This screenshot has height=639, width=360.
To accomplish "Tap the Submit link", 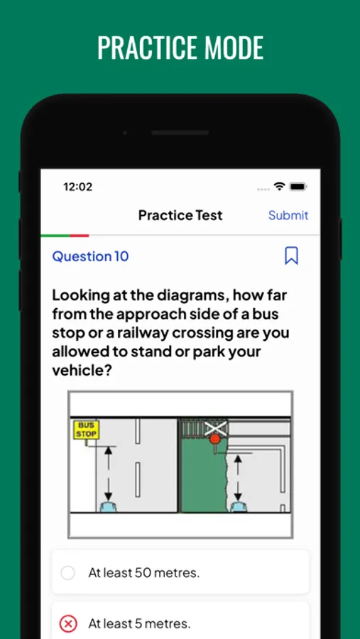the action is pos(288,215).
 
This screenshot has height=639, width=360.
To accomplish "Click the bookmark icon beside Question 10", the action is pos(291,256).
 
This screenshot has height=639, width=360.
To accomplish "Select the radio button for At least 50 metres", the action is pos(67,572).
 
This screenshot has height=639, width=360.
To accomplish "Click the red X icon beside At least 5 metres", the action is pos(67,623).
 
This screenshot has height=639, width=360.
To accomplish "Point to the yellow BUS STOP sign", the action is pos(87,430).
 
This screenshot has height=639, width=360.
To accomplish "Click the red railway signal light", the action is pos(215,439).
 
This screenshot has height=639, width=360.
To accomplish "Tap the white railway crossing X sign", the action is pos(216,428).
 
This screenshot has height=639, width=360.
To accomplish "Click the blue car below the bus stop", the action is pos(108,506).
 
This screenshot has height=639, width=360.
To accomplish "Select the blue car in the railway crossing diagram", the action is pos(238,506).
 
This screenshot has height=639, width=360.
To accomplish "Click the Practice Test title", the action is pos(180,215).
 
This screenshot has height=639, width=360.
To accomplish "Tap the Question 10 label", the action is pos(90,256).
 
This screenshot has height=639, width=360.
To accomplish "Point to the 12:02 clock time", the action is pos(78,187).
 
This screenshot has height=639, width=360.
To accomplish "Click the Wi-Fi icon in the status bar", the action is pos(279,187).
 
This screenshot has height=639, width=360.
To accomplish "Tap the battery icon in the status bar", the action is pos(298,187).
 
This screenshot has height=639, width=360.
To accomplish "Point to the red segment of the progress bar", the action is pos(79,236).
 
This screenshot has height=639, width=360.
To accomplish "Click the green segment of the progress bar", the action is pos(55,236).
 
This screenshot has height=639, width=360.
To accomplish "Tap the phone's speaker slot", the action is pos(180,133).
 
